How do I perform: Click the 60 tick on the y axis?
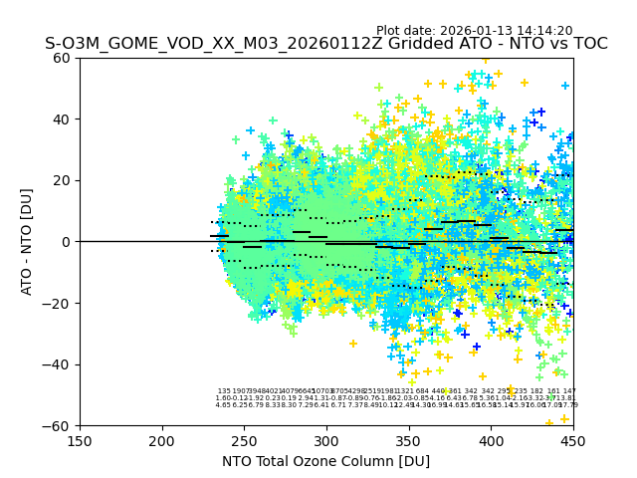(x=63, y=58)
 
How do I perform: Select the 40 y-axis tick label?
(x=63, y=119)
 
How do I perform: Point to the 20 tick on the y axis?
(x=63, y=180)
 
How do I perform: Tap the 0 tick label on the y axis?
(x=67, y=242)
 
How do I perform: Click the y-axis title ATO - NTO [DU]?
(x=27, y=242)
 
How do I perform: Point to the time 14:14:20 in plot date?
(x=545, y=31)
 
